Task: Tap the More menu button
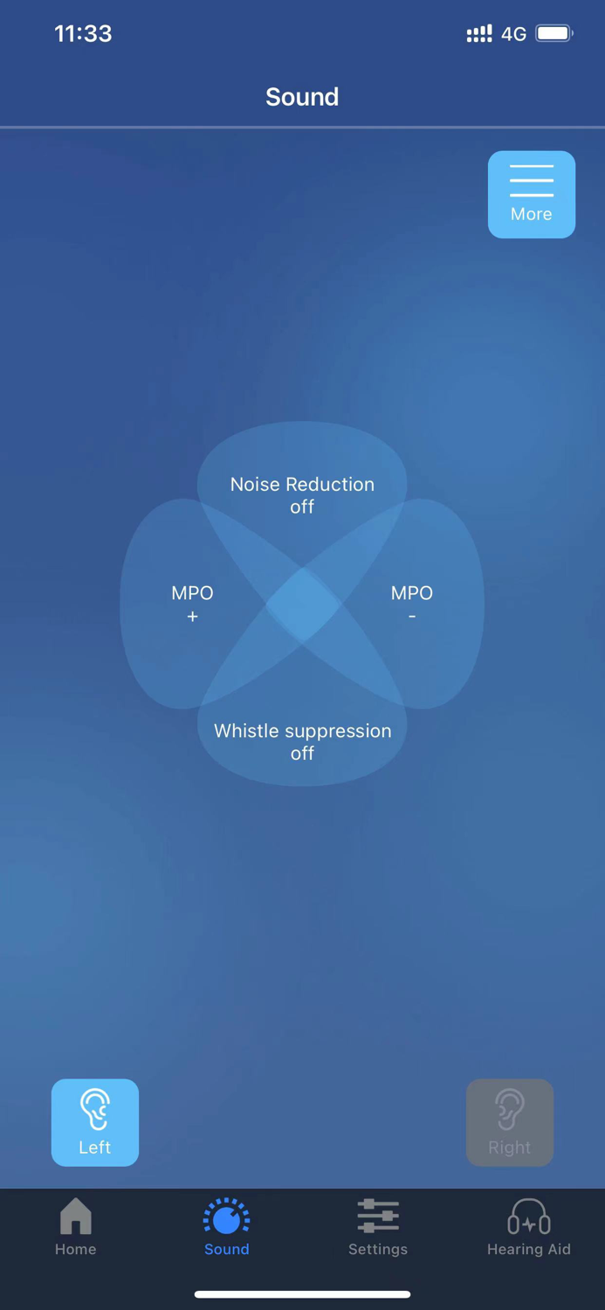[x=531, y=194]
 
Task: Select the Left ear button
[x=95, y=1122]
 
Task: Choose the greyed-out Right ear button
[x=509, y=1122]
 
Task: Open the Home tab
[x=76, y=1227]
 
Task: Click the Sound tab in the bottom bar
[x=226, y=1227]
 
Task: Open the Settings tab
[x=377, y=1227]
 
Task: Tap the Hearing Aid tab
[x=528, y=1227]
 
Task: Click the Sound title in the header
[x=302, y=97]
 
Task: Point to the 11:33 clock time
[x=83, y=34]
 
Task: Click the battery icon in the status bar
[x=553, y=34]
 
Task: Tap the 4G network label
[x=513, y=35]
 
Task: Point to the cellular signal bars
[x=478, y=34]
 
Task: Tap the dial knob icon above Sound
[x=226, y=1216]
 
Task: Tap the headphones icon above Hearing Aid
[x=528, y=1216]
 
